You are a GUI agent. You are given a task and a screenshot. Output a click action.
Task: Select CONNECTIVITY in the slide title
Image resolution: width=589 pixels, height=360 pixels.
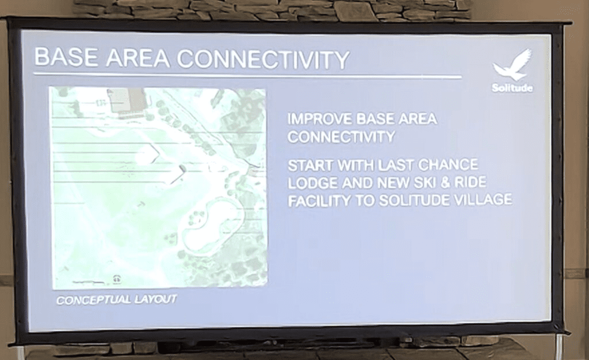point(263,59)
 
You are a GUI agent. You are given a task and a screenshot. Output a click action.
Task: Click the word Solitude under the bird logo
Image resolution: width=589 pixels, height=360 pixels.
point(512,88)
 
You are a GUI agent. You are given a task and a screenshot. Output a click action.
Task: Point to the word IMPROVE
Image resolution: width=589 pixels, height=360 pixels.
point(320,118)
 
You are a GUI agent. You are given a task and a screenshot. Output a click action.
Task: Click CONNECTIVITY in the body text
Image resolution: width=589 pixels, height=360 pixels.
point(341,137)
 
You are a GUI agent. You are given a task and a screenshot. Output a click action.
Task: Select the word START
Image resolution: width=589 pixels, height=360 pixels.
point(311,165)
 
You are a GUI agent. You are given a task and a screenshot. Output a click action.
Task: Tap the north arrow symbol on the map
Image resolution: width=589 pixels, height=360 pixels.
point(117,279)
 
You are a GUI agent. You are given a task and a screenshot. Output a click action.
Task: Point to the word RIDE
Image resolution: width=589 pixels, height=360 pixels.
point(470,182)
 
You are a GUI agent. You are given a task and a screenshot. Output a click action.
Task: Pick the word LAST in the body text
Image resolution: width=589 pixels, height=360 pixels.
point(396,165)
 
